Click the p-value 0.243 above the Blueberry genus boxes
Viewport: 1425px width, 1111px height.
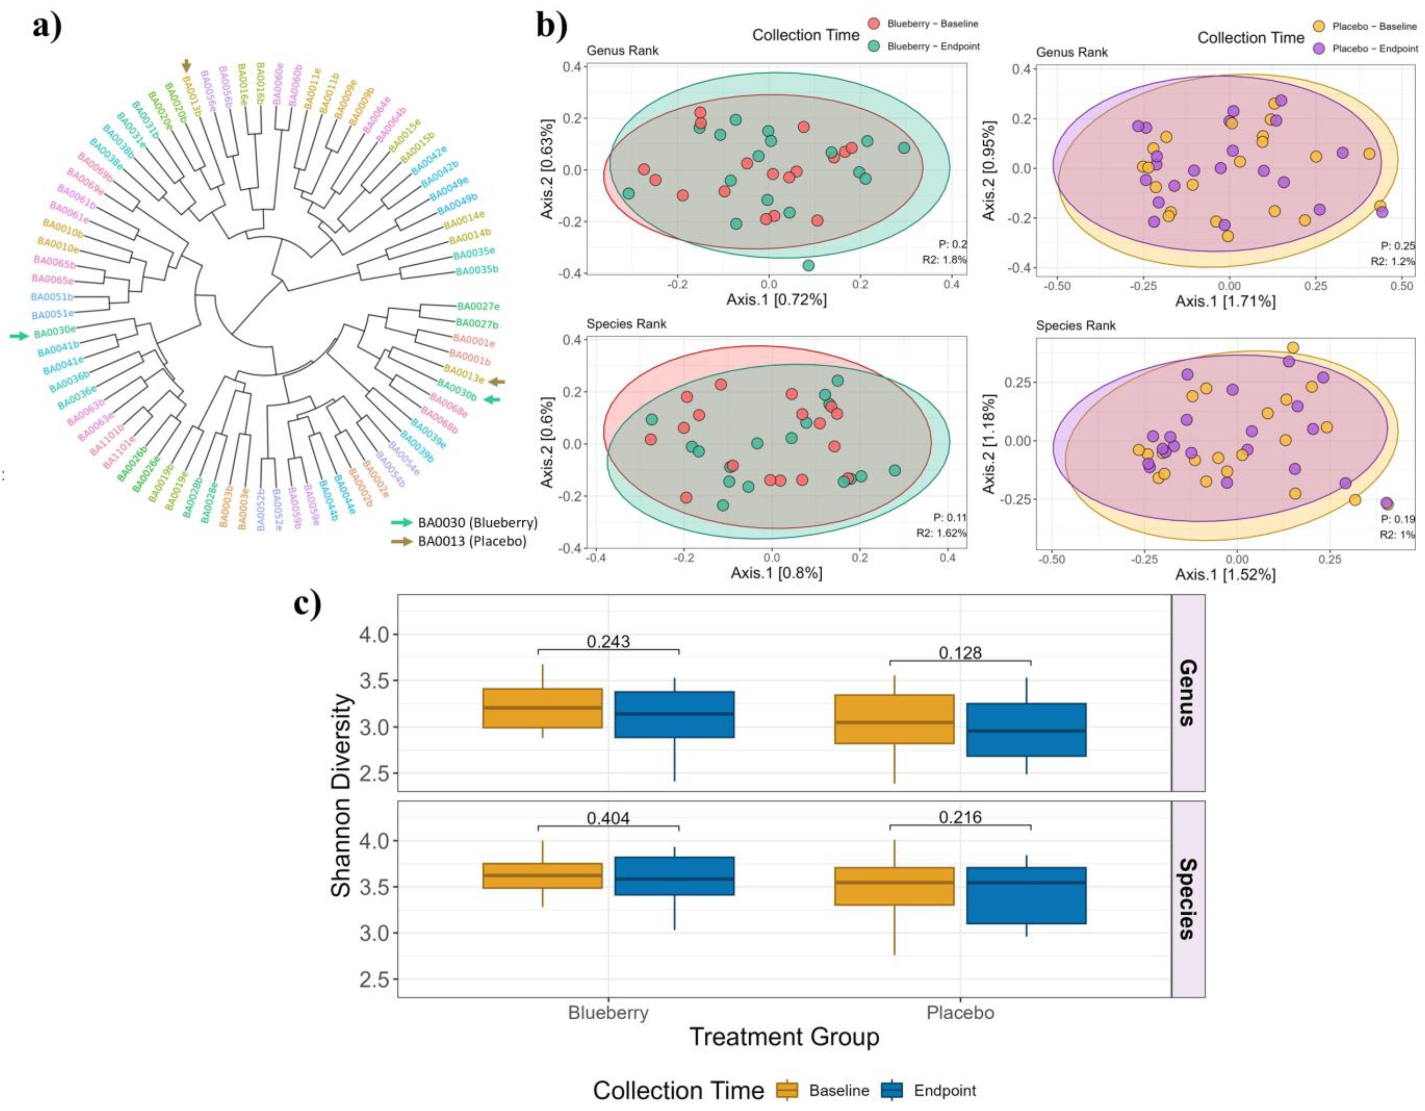click(x=608, y=642)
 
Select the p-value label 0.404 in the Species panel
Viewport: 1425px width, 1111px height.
click(x=608, y=818)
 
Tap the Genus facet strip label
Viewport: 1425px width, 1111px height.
click(x=1188, y=693)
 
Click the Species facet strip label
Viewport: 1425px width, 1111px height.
click(x=1188, y=899)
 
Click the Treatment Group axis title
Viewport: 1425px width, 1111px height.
click(x=784, y=1036)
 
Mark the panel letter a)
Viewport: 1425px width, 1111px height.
click(x=47, y=27)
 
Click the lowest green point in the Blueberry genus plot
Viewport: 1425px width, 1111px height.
click(x=808, y=265)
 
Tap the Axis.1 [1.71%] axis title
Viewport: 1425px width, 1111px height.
click(x=1225, y=301)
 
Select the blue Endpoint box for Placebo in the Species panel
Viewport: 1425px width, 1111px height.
click(x=1026, y=895)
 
